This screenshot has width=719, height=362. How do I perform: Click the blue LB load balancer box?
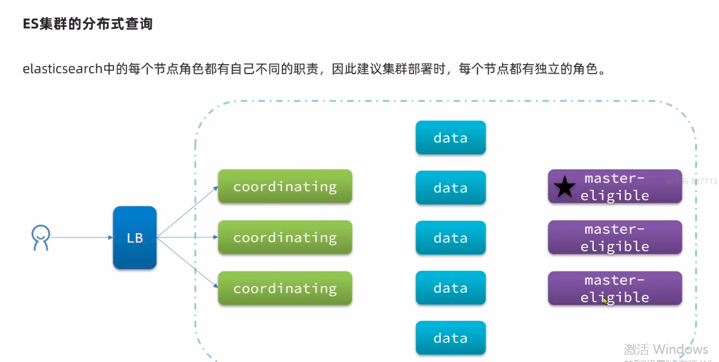point(135,238)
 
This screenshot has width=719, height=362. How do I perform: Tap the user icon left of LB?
point(40,238)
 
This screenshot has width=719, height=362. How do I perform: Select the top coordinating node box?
point(285,187)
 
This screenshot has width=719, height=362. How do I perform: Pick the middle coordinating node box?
point(285,238)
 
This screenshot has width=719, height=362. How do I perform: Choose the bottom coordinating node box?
point(285,288)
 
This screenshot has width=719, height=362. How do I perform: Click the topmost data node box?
point(450,138)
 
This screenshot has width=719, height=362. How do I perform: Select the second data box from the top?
point(450,188)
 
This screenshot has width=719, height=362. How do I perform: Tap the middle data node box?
point(450,238)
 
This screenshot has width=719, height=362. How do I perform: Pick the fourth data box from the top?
point(450,288)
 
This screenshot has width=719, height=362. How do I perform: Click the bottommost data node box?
point(450,338)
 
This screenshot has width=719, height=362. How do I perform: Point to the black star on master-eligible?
point(564,187)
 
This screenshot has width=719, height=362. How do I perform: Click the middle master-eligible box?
point(615,238)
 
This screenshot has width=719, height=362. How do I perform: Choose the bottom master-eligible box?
point(615,288)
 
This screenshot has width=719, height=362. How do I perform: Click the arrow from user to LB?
point(82,238)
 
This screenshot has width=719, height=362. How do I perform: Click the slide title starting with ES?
point(87,25)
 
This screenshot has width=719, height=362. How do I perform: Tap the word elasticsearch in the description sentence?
point(62,69)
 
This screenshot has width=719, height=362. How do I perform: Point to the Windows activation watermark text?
point(666,349)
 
